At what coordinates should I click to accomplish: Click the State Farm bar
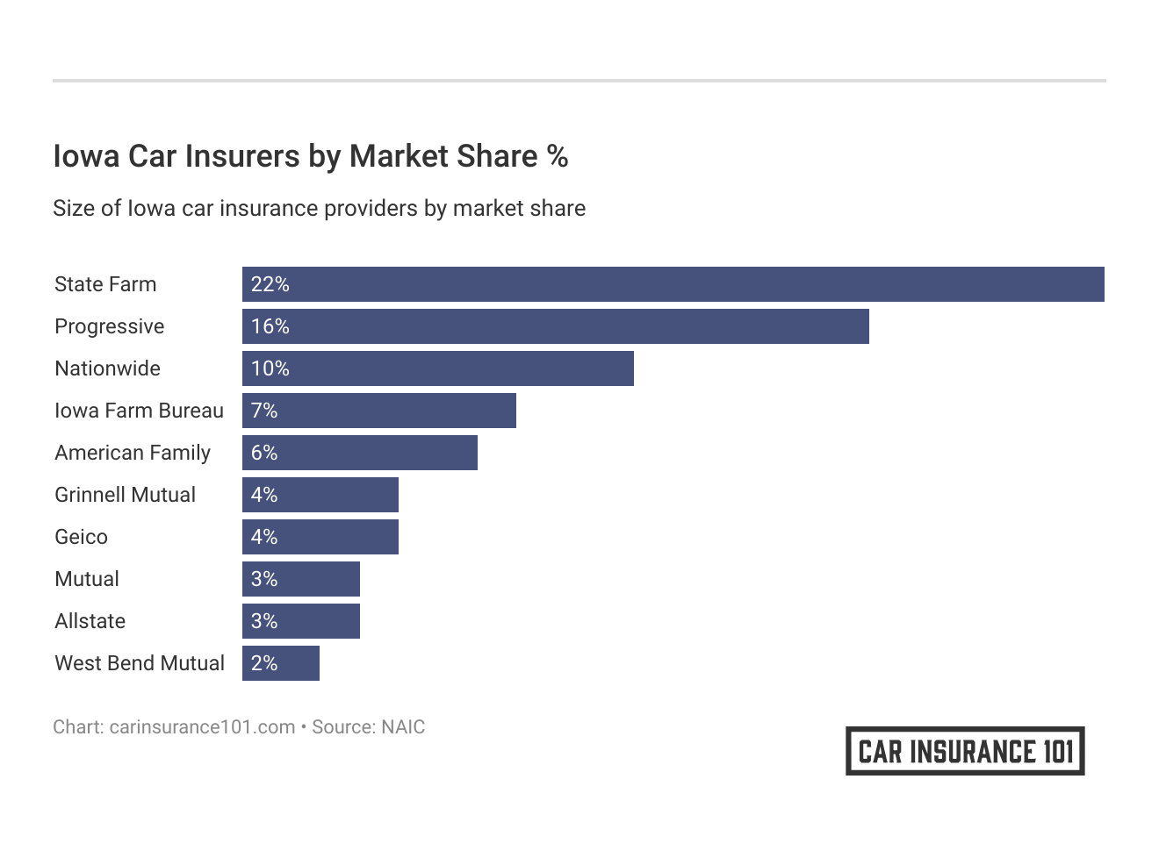click(673, 284)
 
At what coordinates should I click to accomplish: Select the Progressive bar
click(555, 326)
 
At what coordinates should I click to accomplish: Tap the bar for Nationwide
click(437, 368)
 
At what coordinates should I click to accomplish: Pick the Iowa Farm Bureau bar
click(378, 411)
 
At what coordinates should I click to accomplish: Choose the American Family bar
click(359, 453)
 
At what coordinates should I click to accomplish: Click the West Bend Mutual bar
click(280, 663)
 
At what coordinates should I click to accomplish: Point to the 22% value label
click(270, 284)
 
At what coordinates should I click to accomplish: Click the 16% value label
click(270, 326)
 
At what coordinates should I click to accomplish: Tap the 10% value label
click(270, 368)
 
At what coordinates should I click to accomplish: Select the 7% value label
click(264, 411)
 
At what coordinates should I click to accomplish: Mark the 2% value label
click(264, 663)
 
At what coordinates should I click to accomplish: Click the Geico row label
click(81, 537)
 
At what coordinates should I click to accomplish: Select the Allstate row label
click(90, 621)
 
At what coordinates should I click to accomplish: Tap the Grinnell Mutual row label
click(125, 495)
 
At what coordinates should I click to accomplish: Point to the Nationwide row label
click(107, 368)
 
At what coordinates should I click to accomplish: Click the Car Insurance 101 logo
click(965, 751)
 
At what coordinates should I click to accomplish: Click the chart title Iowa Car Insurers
click(310, 156)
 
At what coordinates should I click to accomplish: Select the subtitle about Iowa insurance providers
click(319, 209)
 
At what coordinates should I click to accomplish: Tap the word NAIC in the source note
click(403, 727)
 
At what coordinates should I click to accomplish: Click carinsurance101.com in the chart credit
click(202, 727)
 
